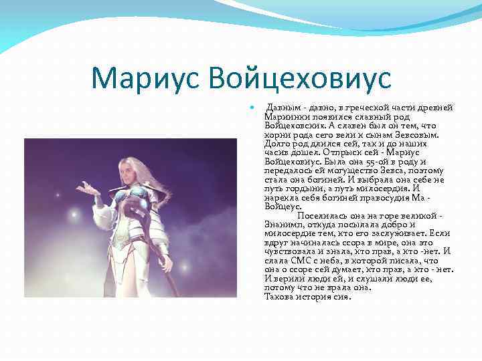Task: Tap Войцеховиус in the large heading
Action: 299,78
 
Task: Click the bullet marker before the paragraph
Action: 251,108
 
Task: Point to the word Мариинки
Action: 286,116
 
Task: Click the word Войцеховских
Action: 295,125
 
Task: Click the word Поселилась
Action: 321,216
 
